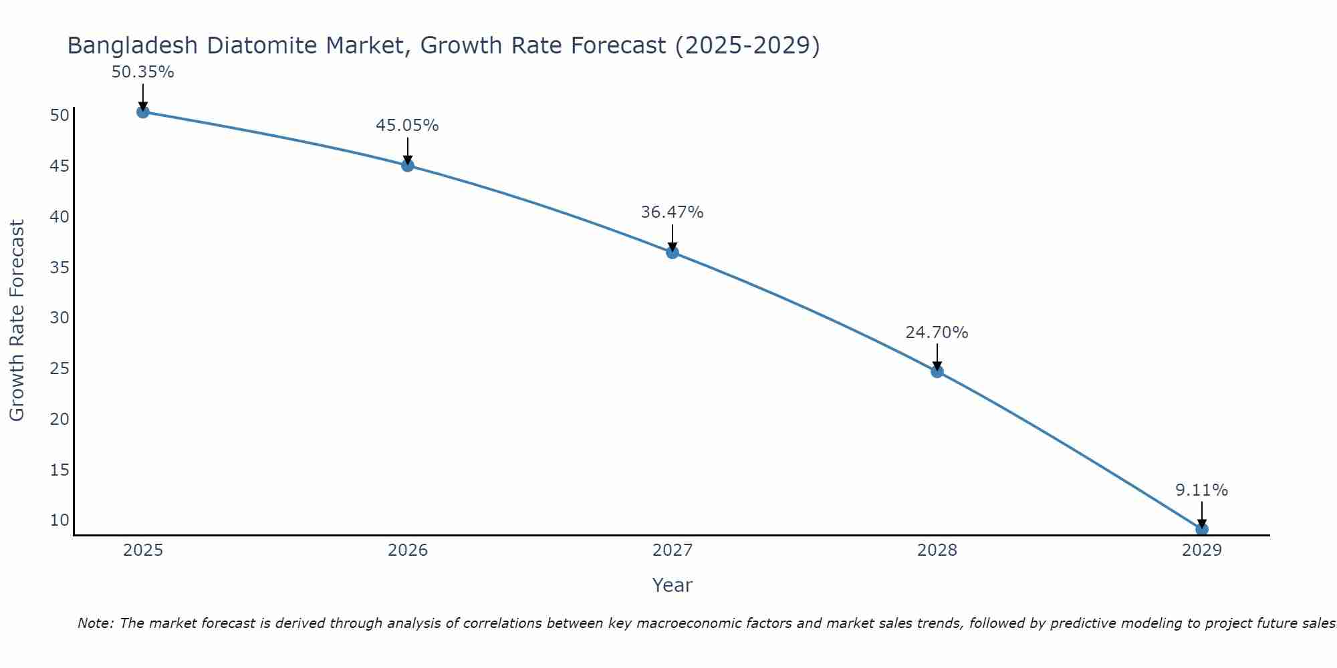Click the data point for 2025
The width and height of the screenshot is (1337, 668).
coord(142,112)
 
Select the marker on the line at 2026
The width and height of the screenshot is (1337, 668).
coord(408,166)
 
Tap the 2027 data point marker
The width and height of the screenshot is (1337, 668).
coord(673,253)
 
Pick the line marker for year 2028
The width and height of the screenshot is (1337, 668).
coord(937,371)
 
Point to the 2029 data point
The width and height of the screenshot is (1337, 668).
coord(1201,529)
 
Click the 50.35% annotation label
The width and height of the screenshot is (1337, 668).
coord(142,72)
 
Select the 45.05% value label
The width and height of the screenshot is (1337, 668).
coord(407,126)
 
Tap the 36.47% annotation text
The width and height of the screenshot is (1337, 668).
coord(672,212)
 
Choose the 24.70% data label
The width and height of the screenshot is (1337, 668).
coord(937,333)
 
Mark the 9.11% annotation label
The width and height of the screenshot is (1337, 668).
coord(1201,490)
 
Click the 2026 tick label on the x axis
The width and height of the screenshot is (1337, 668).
coord(408,550)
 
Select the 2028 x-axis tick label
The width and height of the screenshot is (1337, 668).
coord(937,550)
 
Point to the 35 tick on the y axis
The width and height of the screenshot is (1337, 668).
coord(59,267)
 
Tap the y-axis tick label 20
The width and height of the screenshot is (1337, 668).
coord(59,419)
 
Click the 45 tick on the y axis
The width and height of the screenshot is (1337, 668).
coord(59,166)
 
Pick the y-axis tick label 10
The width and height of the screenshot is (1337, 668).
coord(59,520)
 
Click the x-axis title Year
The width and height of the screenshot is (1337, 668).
coord(672,585)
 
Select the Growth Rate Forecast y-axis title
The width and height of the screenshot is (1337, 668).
coord(17,321)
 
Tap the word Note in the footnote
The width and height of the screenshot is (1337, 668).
coord(96,623)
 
